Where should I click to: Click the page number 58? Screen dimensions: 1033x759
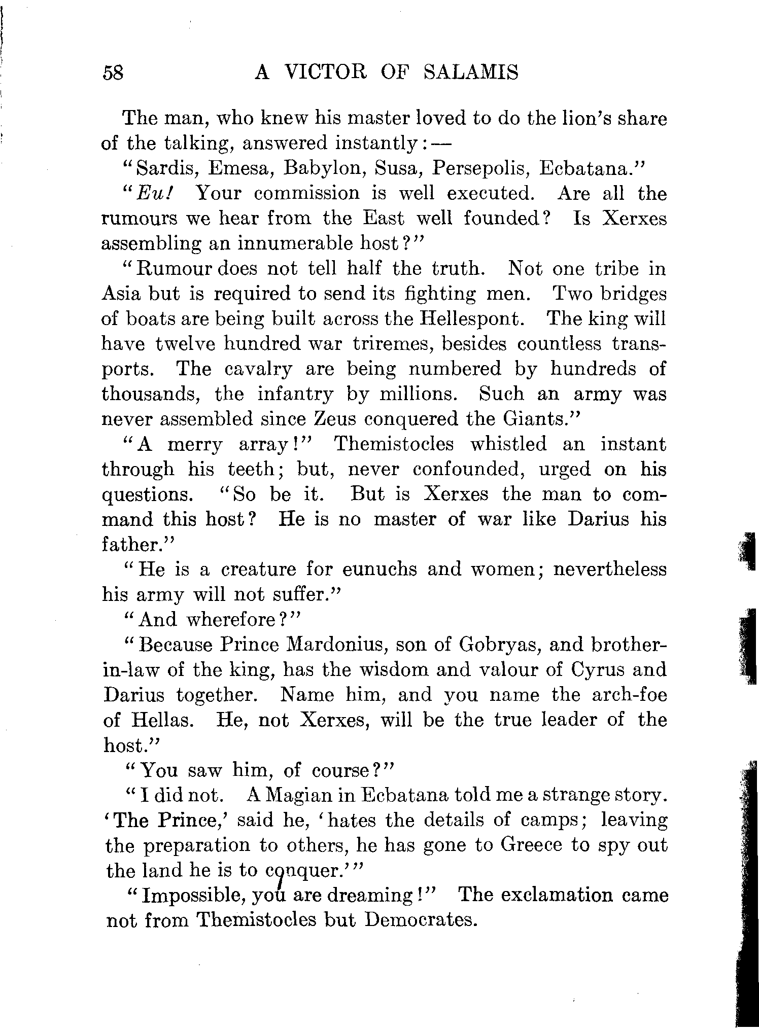point(113,73)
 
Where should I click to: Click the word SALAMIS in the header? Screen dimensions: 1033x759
point(471,73)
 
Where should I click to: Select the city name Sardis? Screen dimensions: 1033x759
point(164,168)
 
